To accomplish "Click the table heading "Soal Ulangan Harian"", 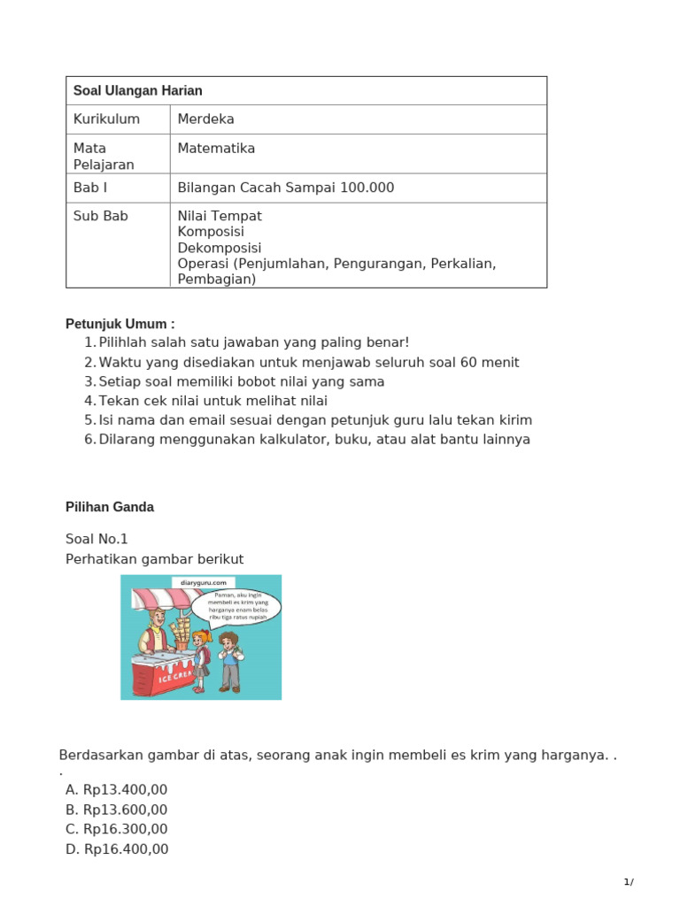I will point(137,90).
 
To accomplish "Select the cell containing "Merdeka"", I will point(205,119).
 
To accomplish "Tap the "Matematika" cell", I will point(216,149).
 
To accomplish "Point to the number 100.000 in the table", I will point(364,188).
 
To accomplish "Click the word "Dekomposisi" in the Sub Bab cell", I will point(219,248).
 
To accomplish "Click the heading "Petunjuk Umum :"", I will point(120,324).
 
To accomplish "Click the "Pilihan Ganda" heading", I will point(110,507).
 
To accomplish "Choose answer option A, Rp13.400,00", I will point(116,790).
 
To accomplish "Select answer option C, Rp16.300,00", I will point(116,829).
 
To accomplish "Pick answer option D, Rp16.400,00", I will point(116,849).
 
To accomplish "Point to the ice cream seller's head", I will point(157,617).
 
